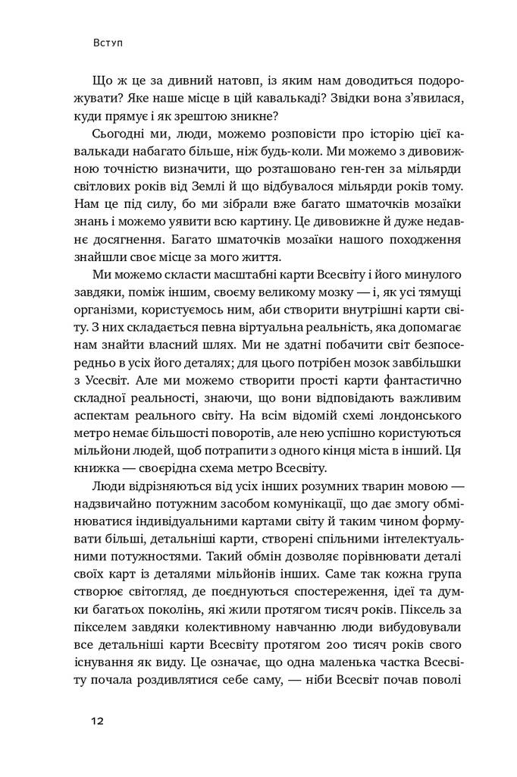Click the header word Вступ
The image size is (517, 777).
pos(105,45)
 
